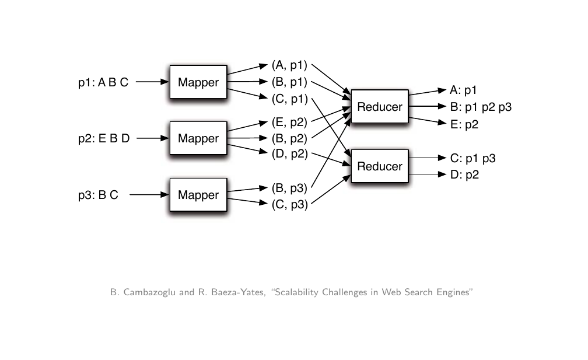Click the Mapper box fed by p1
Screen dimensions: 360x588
pos(198,82)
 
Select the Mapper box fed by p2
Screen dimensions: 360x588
pos(198,138)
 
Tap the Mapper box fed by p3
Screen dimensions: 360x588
pos(198,195)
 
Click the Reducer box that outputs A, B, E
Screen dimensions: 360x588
pos(380,107)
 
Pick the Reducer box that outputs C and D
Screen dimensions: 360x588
pos(380,166)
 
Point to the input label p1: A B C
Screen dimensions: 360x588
pos(103,82)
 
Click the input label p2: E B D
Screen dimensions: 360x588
pos(104,138)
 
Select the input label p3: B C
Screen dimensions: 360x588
pos(98,195)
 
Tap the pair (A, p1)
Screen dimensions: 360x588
pos(289,65)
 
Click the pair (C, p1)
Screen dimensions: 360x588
pos(289,99)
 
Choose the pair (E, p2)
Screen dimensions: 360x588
pos(289,122)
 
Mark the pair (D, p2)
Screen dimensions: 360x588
pos(289,154)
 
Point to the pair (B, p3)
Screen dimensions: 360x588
pos(289,188)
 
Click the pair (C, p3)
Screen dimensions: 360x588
pos(289,204)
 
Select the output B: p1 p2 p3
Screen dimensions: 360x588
pos(481,107)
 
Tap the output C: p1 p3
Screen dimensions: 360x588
pos(473,158)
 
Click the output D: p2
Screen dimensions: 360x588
pos(464,174)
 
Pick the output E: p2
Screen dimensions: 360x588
pos(464,124)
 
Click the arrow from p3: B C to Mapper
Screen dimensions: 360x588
pos(149,195)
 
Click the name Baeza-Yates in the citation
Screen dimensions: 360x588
pos(240,292)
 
